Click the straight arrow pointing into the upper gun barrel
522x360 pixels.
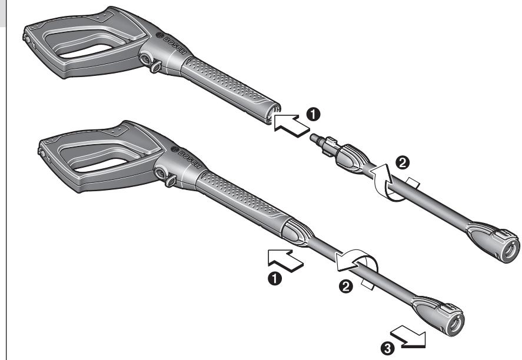[x=292, y=124]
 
